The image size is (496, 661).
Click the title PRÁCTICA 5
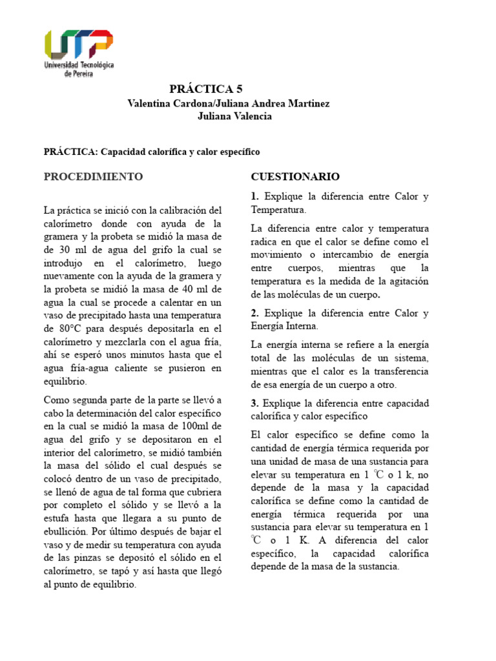(x=206, y=89)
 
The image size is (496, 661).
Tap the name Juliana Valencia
(x=234, y=116)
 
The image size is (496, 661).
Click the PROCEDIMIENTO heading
(x=93, y=176)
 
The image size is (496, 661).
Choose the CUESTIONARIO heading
(x=295, y=176)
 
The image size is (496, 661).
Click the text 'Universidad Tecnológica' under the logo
(x=79, y=66)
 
